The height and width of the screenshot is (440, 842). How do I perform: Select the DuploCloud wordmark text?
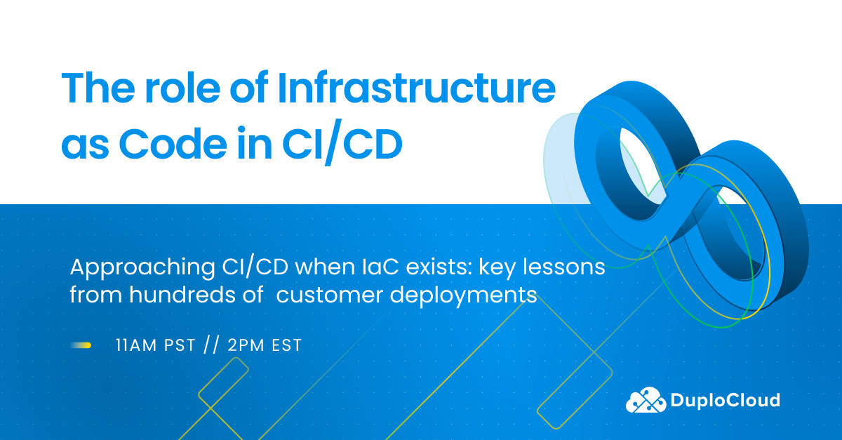pyautogui.click(x=725, y=400)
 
